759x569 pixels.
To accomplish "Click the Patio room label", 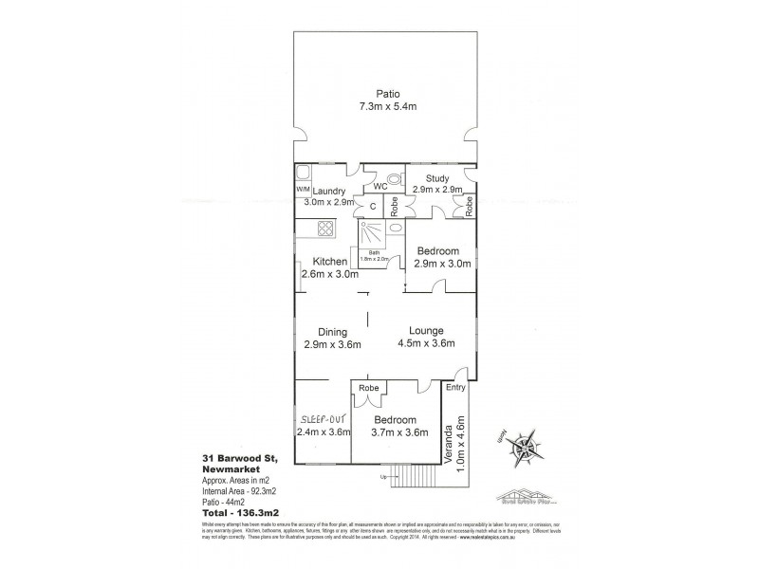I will click(x=387, y=93).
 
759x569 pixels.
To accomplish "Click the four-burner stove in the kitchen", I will click(x=324, y=229).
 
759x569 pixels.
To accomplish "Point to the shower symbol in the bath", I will click(x=371, y=234).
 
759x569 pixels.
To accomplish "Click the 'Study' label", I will click(x=436, y=176).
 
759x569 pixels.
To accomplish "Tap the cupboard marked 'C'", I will click(x=373, y=206).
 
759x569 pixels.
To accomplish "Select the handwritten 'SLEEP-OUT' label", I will click(x=322, y=418).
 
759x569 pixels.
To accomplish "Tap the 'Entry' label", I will click(x=456, y=386).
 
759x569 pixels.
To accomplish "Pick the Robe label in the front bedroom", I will click(x=370, y=388).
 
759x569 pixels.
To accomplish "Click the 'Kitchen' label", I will click(x=330, y=262).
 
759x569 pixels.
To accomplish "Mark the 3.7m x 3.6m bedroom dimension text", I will click(x=395, y=432).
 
